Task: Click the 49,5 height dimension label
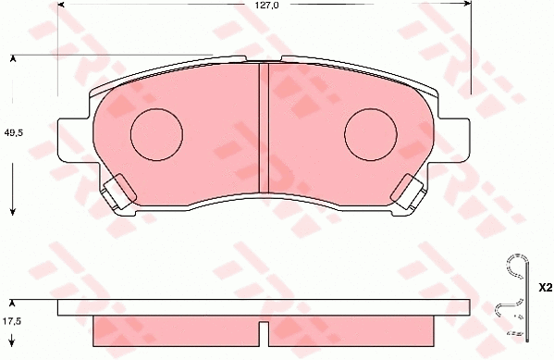(x=14, y=131)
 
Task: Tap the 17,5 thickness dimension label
(x=12, y=321)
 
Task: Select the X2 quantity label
(x=541, y=289)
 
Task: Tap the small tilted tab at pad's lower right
(x=408, y=192)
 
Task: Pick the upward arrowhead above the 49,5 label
(x=13, y=59)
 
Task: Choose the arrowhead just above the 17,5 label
(x=12, y=303)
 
